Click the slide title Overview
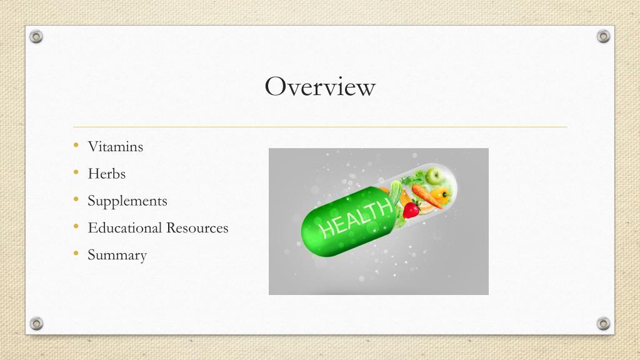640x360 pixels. (320, 86)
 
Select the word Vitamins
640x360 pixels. (116, 147)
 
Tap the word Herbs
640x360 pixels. (106, 174)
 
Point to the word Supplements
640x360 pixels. (127, 201)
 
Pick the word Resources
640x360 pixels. (197, 228)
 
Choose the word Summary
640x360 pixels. (117, 255)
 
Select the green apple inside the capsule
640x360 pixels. (435, 176)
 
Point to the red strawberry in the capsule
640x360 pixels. (411, 211)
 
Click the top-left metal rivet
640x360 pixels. (37, 37)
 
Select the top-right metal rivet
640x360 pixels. (603, 37)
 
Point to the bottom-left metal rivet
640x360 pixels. (37, 323)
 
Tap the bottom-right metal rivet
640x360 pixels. (603, 323)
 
